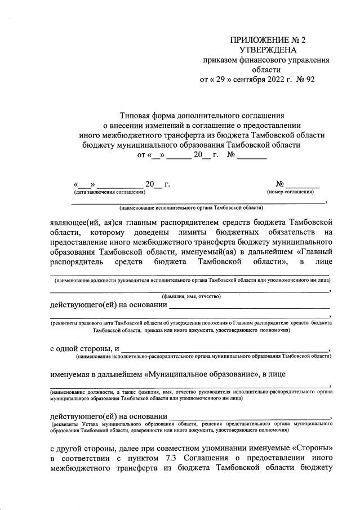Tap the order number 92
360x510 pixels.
[309, 79]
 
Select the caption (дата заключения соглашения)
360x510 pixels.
[105, 192]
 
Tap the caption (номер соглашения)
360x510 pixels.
[291, 192]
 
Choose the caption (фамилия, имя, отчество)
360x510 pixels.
[191, 296]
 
